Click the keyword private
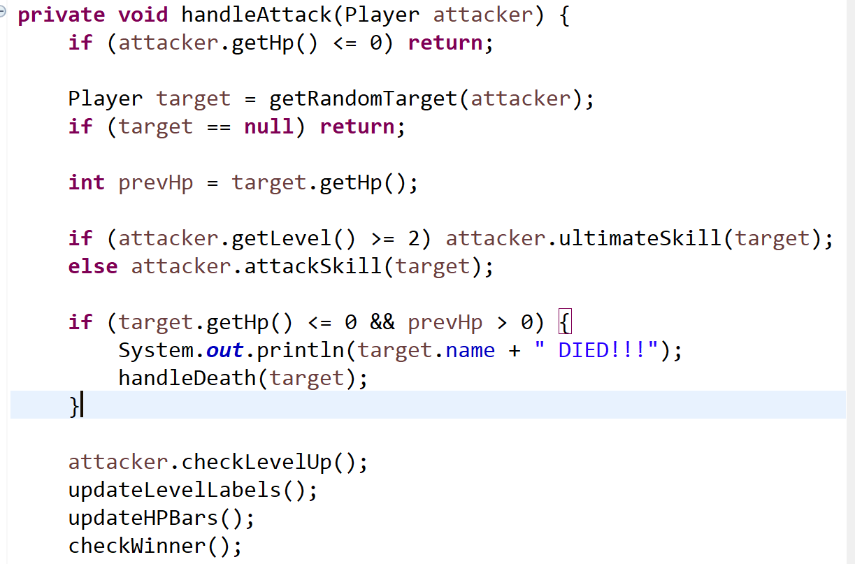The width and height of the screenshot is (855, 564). [x=62, y=15]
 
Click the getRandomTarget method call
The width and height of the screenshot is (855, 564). [x=363, y=99]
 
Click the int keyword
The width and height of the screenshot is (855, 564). [x=87, y=182]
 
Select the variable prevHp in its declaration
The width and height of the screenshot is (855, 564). [x=155, y=182]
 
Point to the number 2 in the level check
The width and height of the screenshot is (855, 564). [x=414, y=238]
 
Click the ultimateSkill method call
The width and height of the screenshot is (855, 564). [x=640, y=238]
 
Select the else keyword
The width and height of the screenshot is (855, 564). [x=93, y=266]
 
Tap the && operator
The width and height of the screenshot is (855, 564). [x=382, y=322]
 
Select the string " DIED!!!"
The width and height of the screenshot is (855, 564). [x=596, y=350]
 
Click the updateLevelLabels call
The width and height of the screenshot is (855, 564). [x=175, y=490]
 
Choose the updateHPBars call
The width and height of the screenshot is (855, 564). [x=150, y=518]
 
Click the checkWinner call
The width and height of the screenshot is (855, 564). [x=143, y=546]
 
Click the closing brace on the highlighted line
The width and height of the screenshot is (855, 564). [x=74, y=406]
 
